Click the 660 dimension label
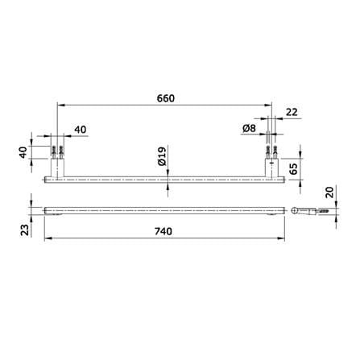(x=166, y=98)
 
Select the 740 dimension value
(x=163, y=231)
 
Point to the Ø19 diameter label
(x=162, y=156)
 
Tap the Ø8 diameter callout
(x=249, y=128)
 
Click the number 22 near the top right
(x=292, y=112)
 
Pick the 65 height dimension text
(x=294, y=169)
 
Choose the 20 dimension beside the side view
(x=329, y=192)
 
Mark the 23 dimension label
(x=25, y=230)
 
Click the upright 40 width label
(x=81, y=130)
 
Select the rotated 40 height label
(x=23, y=152)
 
